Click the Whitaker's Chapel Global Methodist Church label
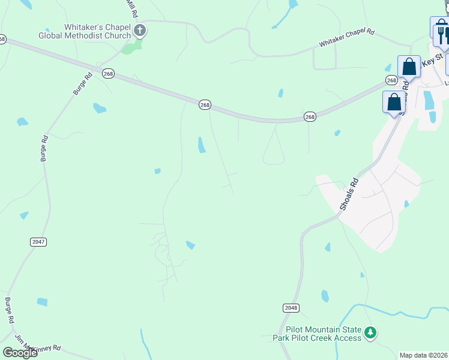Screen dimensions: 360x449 click(x=84, y=31)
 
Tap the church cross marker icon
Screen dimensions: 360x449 click(x=140, y=31)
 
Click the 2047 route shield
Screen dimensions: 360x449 click(x=38, y=241)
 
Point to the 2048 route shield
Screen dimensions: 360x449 click(x=291, y=308)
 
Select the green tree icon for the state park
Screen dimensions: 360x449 click(x=370, y=332)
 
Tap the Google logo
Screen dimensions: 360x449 click(x=20, y=352)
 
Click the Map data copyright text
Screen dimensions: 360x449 click(x=424, y=355)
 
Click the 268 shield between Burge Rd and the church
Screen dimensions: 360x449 click(x=108, y=73)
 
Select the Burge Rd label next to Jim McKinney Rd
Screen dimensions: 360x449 click(x=9, y=308)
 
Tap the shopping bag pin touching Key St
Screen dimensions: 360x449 click(x=409, y=67)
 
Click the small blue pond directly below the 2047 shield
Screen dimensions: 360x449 click(x=42, y=302)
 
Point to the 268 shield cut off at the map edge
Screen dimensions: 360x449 click(x=2, y=39)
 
